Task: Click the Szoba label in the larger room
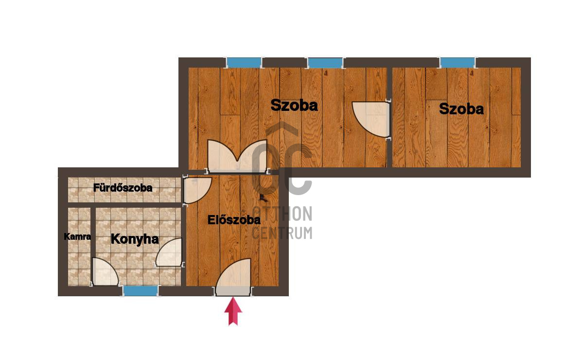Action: coord(294,105)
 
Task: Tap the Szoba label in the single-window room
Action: coord(461,108)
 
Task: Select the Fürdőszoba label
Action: coord(123,188)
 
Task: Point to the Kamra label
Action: coord(77,236)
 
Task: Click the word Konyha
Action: coord(135,239)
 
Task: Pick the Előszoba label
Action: coord(234,219)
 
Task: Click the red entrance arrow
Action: coord(233,311)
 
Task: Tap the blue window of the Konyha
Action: coord(141,290)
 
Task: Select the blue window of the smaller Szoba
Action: coord(458,63)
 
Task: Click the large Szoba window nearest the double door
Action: coord(244,63)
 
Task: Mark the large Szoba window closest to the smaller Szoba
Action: coord(325,63)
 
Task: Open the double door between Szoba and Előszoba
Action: coord(237,156)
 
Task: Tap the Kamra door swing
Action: coord(105,272)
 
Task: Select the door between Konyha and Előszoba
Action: coord(169,252)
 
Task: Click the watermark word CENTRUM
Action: coord(282,233)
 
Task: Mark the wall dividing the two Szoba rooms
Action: coord(389,117)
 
